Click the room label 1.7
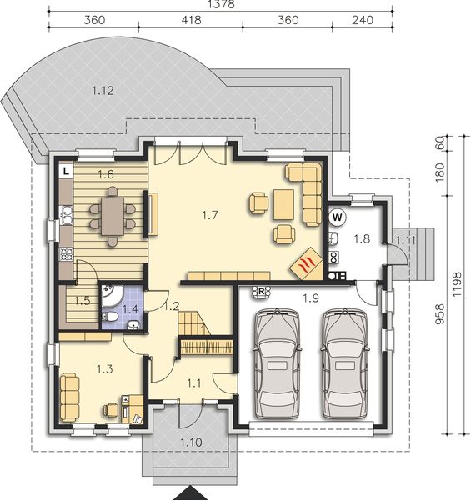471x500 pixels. (x=210, y=215)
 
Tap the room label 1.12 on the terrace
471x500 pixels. (x=101, y=90)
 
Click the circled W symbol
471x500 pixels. (x=338, y=217)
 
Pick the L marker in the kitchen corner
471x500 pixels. (x=65, y=170)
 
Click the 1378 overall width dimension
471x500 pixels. (x=219, y=5)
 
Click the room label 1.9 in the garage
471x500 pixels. (x=311, y=297)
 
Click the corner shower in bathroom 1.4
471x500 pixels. (x=113, y=295)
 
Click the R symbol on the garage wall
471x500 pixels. (x=262, y=291)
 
